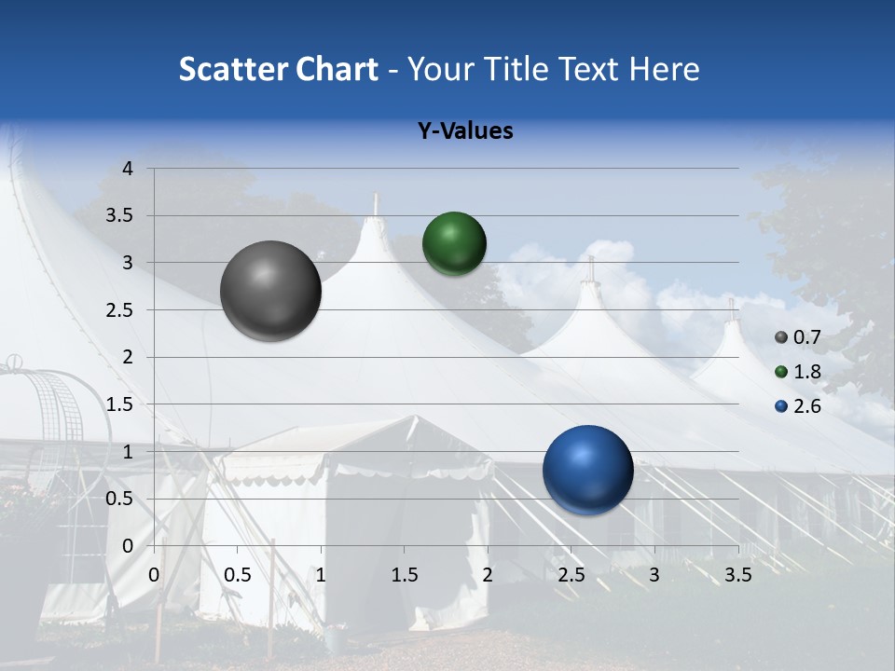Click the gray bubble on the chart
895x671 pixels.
coord(270,291)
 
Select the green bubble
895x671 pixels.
coord(454,243)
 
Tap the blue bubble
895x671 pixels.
coord(587,470)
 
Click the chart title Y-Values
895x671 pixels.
coord(465,131)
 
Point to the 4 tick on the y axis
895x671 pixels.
coord(128,169)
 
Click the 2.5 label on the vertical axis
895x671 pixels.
coord(119,310)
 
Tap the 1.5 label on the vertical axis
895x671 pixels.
coord(119,404)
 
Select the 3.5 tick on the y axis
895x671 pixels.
coord(119,216)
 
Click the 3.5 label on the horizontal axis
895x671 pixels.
coord(737,575)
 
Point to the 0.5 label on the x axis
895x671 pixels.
coord(238,575)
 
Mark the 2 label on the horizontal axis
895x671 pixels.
coord(488,575)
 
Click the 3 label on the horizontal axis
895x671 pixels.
coord(654,575)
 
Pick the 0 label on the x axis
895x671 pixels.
coord(155,575)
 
